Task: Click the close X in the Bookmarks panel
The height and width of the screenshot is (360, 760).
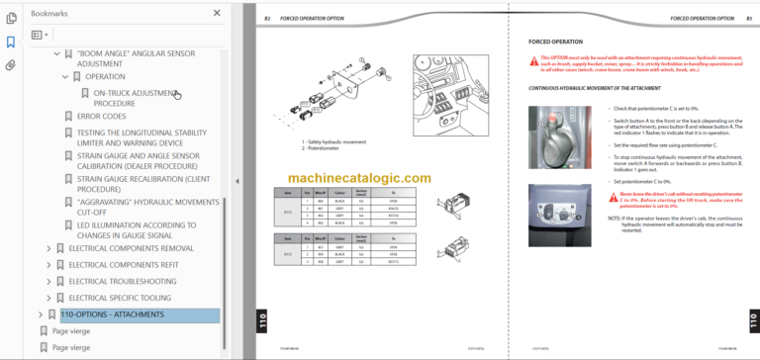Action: tap(217, 13)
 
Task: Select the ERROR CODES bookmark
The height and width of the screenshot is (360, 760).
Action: tap(101, 116)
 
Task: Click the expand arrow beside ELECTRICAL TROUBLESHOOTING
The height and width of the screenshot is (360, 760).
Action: tap(49, 281)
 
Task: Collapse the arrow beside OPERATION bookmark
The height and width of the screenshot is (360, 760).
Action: tap(65, 76)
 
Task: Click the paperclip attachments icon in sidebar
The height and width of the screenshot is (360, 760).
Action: tap(11, 65)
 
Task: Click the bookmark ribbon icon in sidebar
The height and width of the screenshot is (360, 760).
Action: tap(11, 43)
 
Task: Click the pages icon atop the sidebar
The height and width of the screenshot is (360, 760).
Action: tap(11, 18)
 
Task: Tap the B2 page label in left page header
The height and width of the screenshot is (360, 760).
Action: tap(267, 18)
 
